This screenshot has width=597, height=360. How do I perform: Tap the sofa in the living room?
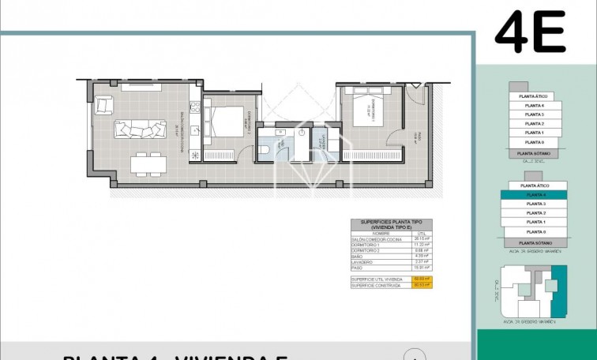pos(140,129)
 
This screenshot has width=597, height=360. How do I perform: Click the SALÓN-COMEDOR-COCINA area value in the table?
pos(421,238)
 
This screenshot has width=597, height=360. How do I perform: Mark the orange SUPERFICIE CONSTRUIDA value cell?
pos(421,285)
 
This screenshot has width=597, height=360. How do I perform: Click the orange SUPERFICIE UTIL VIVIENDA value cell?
pos(421,279)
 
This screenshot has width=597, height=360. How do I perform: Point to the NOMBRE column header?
pos(381,233)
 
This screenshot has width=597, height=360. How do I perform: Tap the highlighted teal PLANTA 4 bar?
pos(536,194)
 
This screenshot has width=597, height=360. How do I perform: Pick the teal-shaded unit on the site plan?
pos(559,288)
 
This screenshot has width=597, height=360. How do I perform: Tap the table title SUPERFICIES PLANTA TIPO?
pos(392,223)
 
